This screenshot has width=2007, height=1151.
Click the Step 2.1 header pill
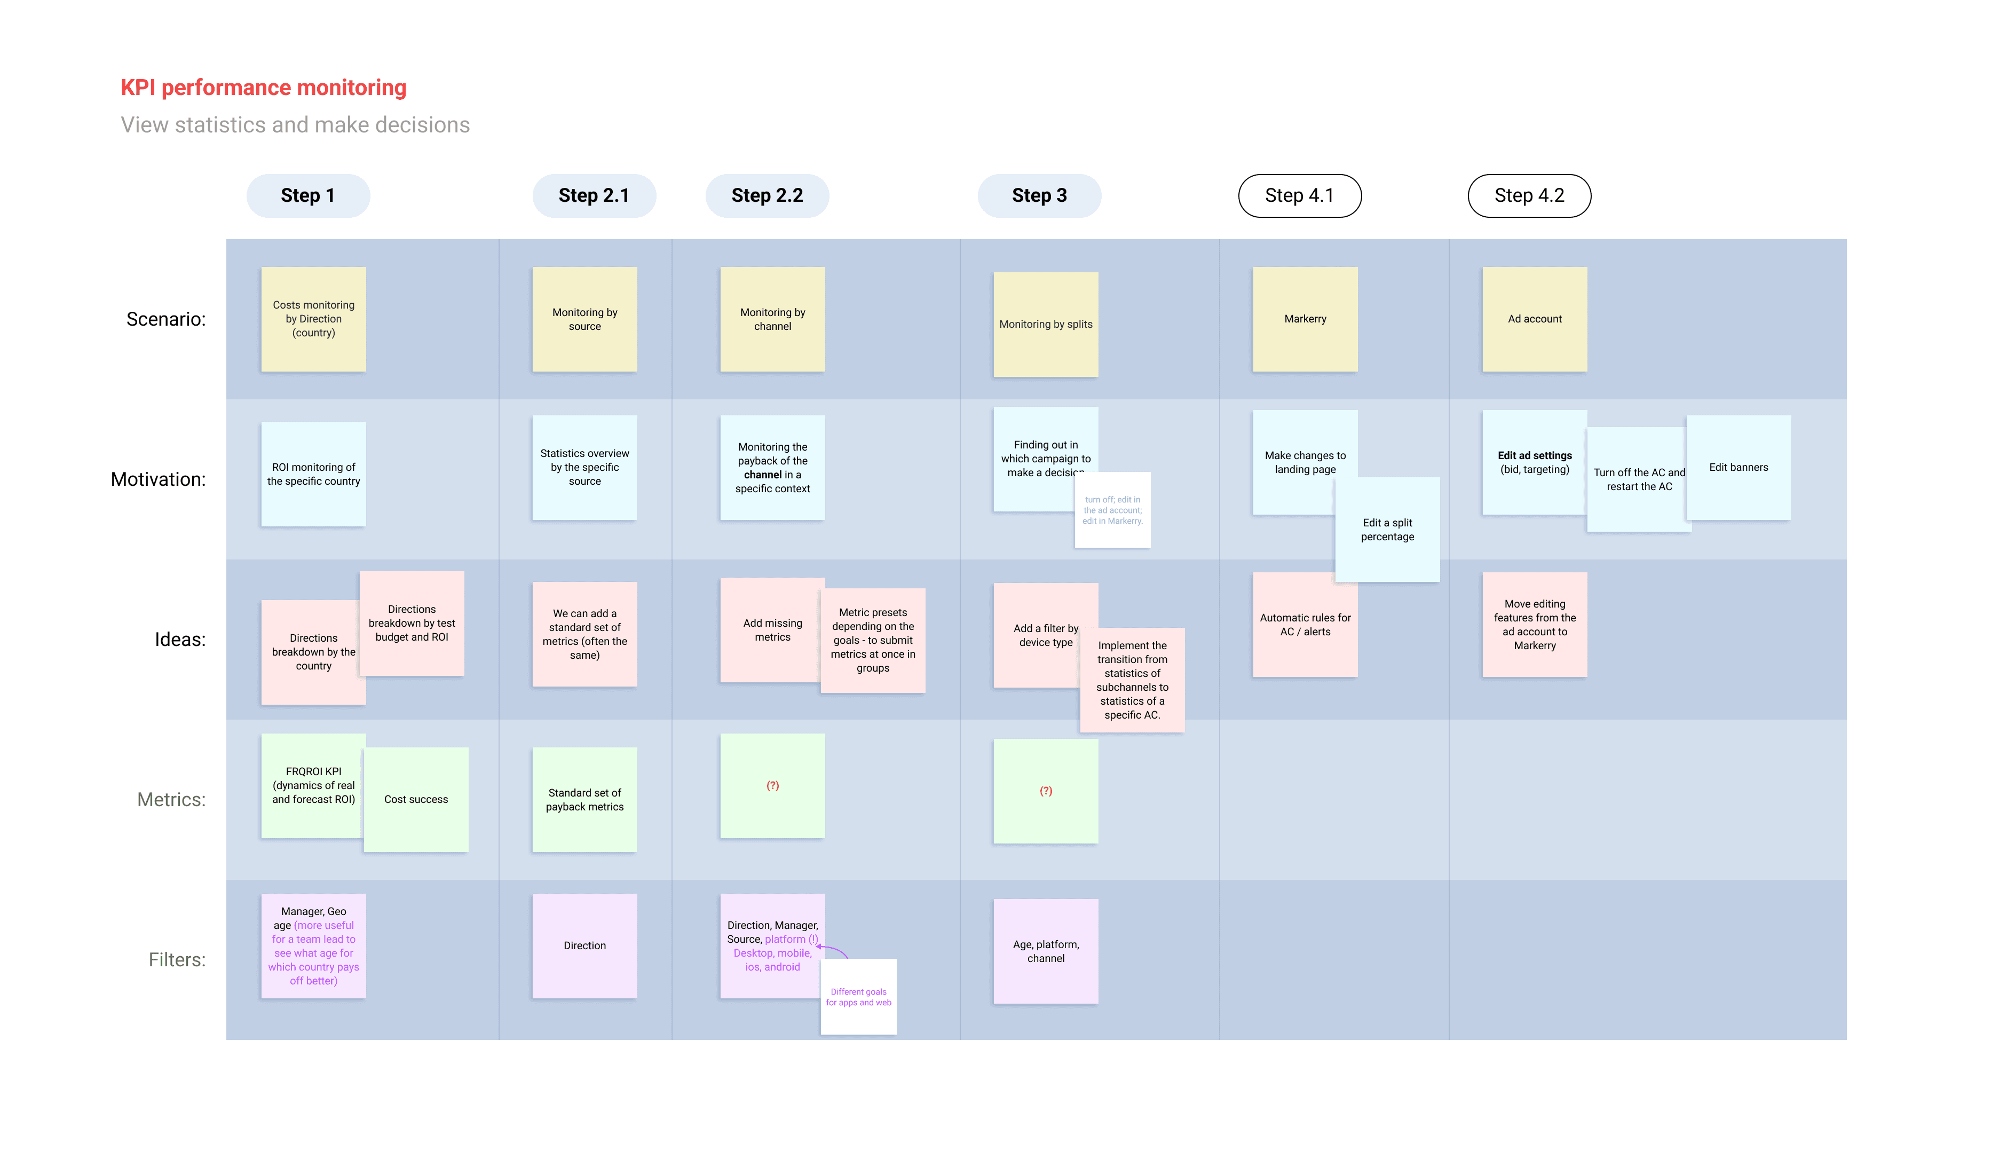(x=594, y=195)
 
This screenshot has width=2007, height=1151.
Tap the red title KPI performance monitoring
(x=263, y=87)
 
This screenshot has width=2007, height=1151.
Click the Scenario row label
(x=166, y=319)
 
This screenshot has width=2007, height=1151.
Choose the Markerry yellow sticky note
(x=1305, y=319)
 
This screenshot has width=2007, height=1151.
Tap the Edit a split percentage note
(x=1387, y=530)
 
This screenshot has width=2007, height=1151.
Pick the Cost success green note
(x=416, y=799)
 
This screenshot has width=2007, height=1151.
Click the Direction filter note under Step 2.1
(x=584, y=945)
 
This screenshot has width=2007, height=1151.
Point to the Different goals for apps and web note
(x=858, y=997)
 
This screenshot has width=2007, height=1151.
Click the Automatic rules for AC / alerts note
(x=1305, y=625)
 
